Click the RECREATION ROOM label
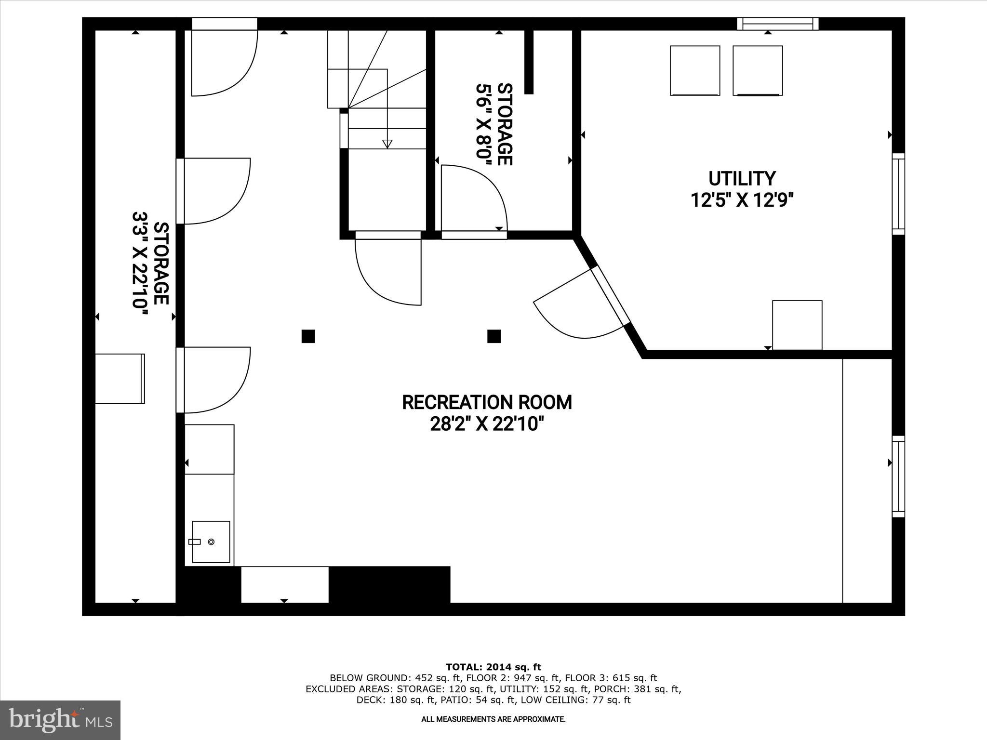coord(487,402)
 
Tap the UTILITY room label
coord(742,179)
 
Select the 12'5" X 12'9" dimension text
coord(742,199)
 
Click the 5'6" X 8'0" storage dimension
coord(483,124)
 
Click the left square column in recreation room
coord(308,336)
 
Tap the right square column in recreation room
coord(493,336)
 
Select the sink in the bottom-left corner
coord(211,542)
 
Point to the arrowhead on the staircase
coord(387,144)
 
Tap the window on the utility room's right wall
coord(898,194)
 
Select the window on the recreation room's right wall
coord(898,476)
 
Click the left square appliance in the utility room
coord(695,70)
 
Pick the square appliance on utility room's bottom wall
coord(797,325)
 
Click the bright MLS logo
coord(60,720)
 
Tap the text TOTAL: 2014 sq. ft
coord(493,667)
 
